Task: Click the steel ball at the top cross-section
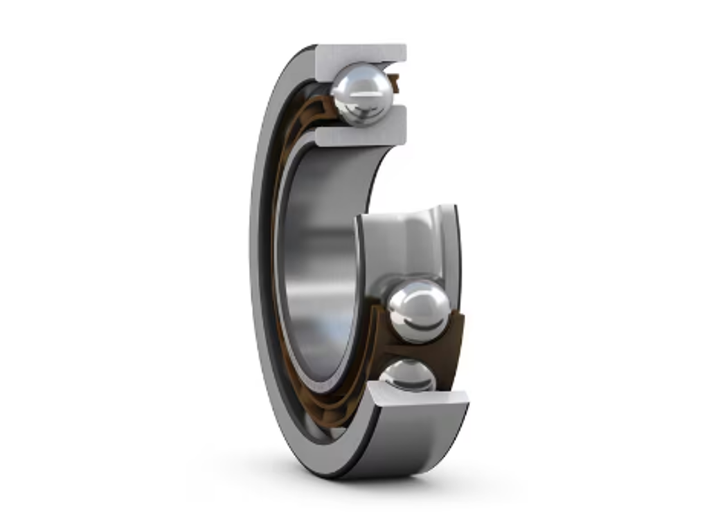point(362,94)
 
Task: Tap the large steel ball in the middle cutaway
point(418,311)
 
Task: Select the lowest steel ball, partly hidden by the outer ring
point(408,375)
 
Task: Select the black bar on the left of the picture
point(86,266)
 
